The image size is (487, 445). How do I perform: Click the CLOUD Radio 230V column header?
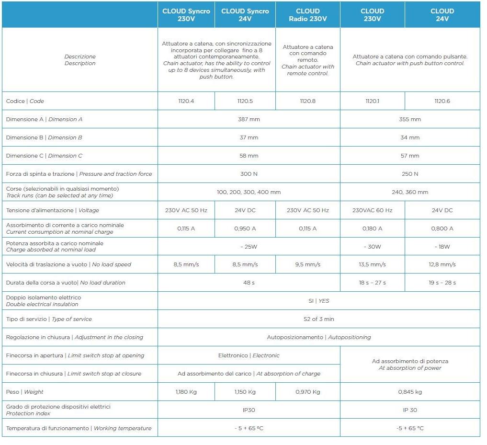(307, 15)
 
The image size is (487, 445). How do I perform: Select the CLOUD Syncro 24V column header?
(245, 15)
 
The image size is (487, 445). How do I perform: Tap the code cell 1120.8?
(307, 101)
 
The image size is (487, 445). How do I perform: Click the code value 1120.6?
(442, 101)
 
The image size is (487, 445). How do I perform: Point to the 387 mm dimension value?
(249, 119)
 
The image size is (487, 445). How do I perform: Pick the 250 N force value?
(409, 174)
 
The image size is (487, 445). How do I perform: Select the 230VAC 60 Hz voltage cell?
(372, 210)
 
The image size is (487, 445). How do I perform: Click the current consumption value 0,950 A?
(245, 228)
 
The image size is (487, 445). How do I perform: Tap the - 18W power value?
(442, 247)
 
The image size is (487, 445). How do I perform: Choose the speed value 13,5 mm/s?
(372, 264)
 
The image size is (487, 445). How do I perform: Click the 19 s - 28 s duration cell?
(442, 283)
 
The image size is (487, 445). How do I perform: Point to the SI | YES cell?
(318, 301)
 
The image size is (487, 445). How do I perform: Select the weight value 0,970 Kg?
(307, 392)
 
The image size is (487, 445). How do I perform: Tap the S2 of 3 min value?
(318, 319)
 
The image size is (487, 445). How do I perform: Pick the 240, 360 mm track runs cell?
(409, 192)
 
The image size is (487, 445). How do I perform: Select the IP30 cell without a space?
(249, 410)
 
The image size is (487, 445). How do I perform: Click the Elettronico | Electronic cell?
(249, 355)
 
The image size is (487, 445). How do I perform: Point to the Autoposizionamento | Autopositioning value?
(318, 337)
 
